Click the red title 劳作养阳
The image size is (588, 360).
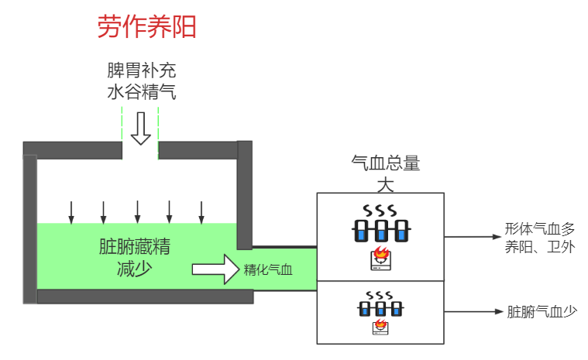pos(146,27)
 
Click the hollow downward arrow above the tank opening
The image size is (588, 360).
pos(140,128)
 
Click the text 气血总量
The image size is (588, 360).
pos(385,163)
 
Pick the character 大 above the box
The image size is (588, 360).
pos(385,183)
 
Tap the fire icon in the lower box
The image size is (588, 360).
pos(380,326)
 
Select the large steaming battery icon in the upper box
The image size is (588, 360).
pos(380,224)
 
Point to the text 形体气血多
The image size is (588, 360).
pos(540,229)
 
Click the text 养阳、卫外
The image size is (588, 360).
pos(540,248)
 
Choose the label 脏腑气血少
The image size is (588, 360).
pos(542,312)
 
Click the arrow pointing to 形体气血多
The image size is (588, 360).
pos(473,237)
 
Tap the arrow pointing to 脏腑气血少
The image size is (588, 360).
pos(473,312)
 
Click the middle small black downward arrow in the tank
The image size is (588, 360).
pos(137,211)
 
